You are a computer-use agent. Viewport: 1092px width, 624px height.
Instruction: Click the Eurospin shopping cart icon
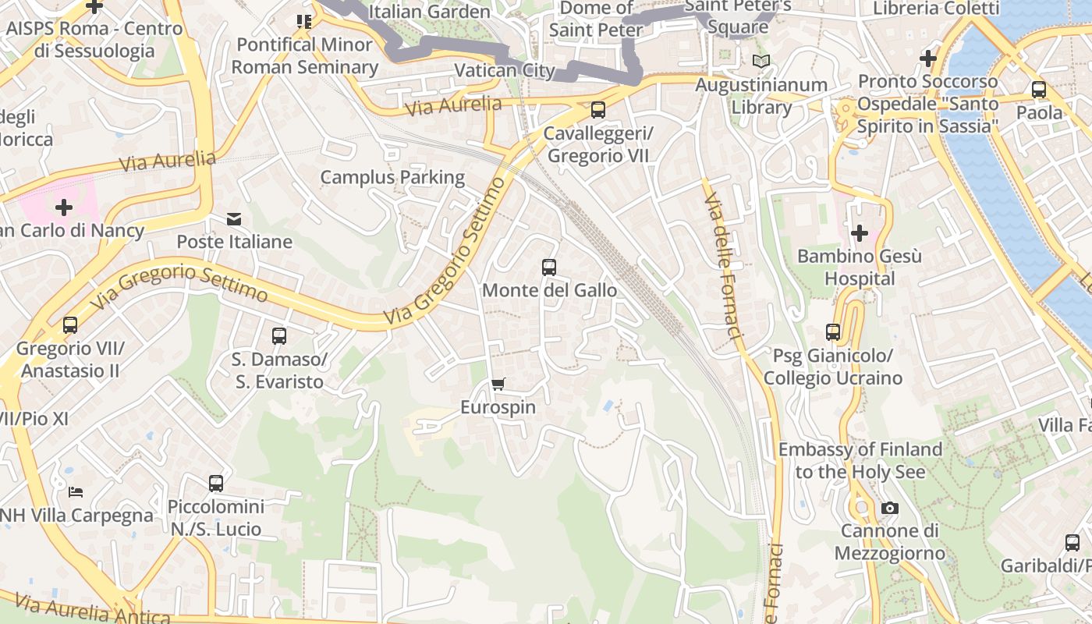click(x=498, y=384)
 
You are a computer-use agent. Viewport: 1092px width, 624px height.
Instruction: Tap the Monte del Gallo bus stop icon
click(x=549, y=268)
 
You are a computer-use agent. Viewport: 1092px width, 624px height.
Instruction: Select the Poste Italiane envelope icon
click(x=234, y=219)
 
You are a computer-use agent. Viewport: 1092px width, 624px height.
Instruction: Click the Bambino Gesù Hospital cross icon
click(x=860, y=232)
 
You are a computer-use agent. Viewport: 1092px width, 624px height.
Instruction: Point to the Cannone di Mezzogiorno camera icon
click(x=889, y=509)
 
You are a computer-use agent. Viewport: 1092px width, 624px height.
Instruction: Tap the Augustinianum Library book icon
click(x=760, y=61)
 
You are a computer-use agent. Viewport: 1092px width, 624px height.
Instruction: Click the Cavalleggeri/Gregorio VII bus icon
click(x=598, y=110)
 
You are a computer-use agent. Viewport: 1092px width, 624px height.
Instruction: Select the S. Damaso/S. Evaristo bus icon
click(x=279, y=336)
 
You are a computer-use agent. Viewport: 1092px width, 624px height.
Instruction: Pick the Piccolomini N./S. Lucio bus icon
click(x=216, y=484)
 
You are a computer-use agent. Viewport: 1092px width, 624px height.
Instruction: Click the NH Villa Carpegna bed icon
click(x=76, y=492)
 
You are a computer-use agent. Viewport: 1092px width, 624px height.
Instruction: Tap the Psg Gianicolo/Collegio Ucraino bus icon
click(x=833, y=332)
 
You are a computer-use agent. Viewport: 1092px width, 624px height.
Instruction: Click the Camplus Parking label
click(x=392, y=178)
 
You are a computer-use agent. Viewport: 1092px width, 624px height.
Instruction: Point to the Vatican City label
click(x=504, y=70)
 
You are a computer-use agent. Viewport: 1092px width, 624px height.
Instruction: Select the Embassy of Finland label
click(x=860, y=460)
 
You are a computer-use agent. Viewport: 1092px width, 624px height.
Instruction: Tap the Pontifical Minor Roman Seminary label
click(x=305, y=55)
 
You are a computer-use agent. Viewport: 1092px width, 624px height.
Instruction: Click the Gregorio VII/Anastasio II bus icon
click(x=70, y=325)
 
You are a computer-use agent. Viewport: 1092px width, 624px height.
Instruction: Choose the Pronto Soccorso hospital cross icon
click(x=927, y=58)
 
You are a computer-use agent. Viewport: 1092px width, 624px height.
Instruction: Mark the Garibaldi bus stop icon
click(x=1072, y=543)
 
